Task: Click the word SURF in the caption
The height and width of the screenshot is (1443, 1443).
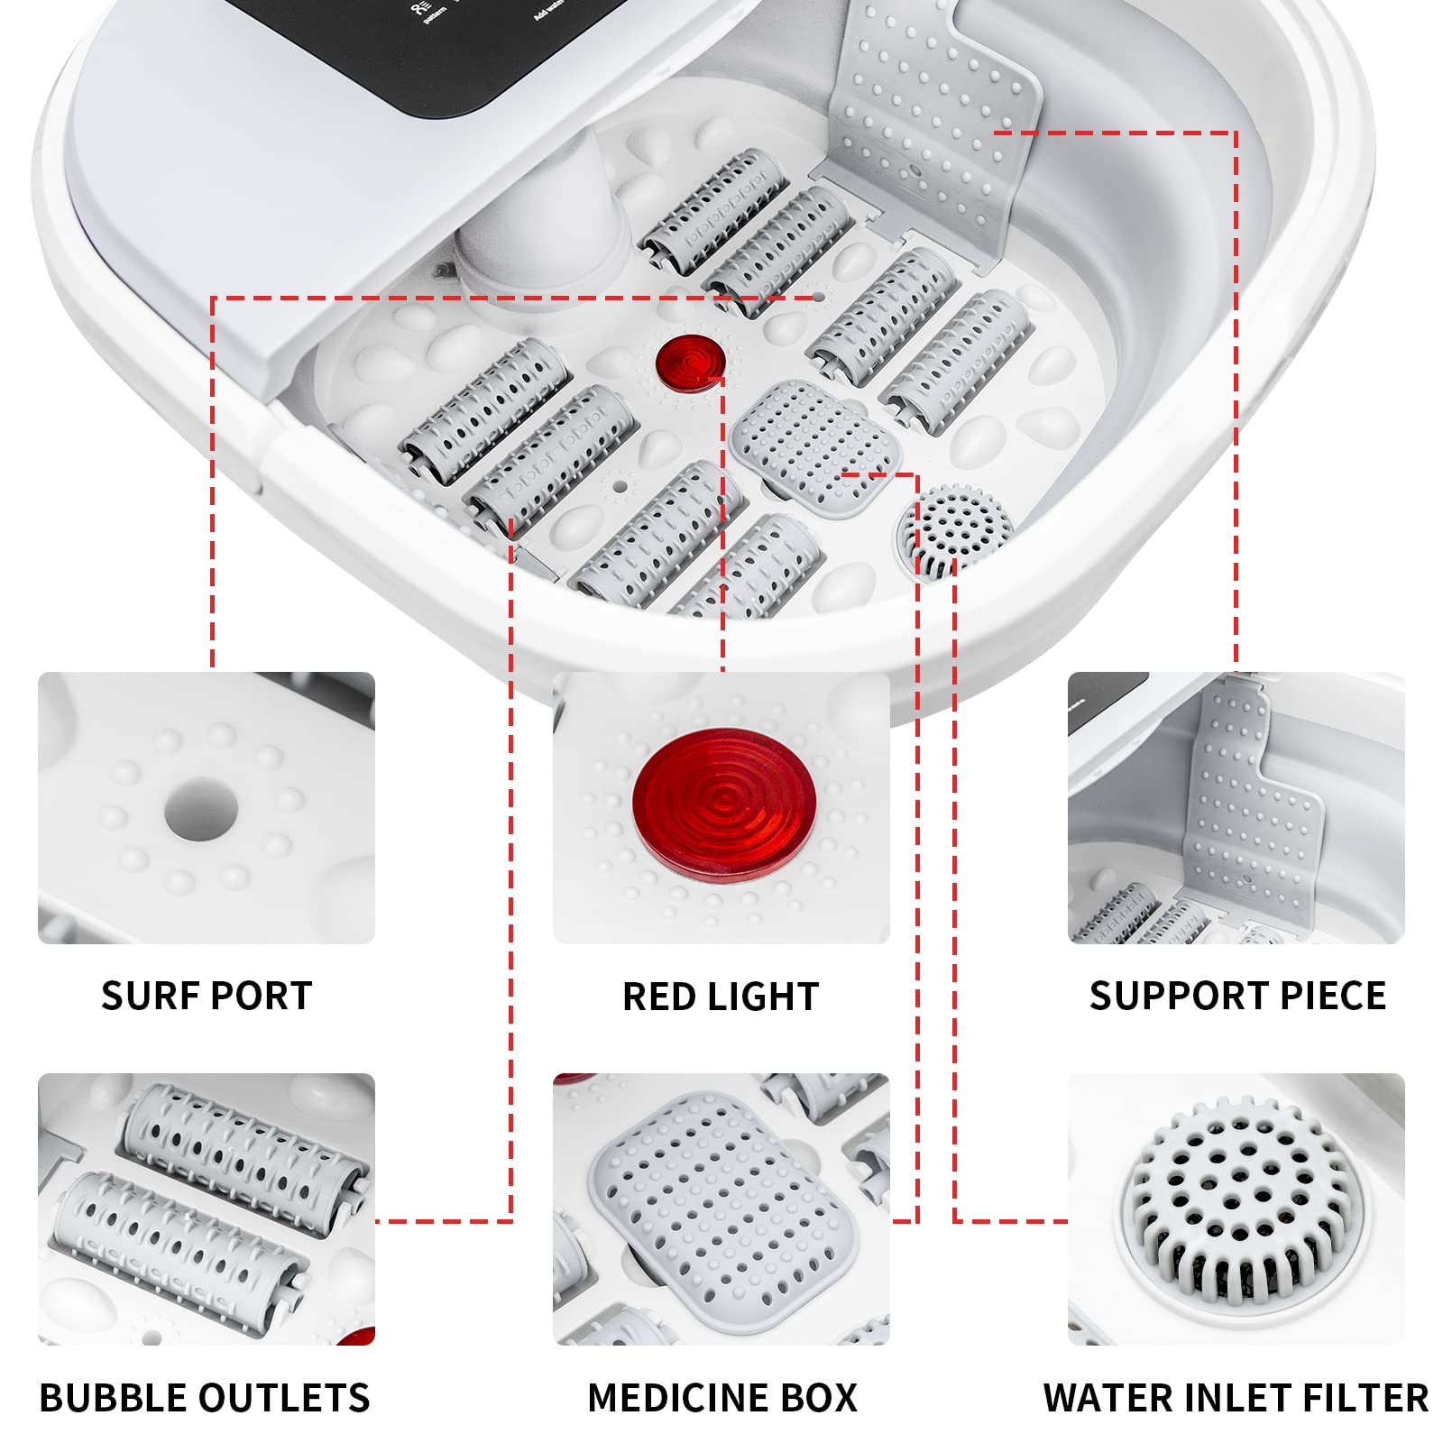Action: click(149, 997)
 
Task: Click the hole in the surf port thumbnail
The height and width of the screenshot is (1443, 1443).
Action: click(201, 809)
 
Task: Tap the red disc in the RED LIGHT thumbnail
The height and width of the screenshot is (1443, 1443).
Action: click(724, 805)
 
